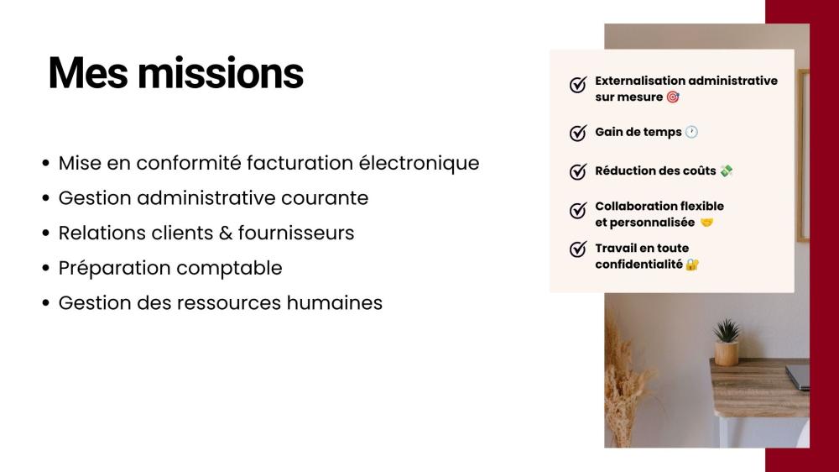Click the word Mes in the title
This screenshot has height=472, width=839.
[x=88, y=72]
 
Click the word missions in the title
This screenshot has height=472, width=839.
[x=221, y=72]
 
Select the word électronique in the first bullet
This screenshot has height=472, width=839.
[x=419, y=163]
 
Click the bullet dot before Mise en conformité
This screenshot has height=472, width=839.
[x=46, y=163]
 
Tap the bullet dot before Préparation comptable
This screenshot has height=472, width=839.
[x=46, y=268]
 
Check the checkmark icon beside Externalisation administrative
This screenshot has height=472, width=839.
[x=578, y=84]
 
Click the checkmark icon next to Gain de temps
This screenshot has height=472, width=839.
[x=578, y=133]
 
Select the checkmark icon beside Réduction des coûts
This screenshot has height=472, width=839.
[x=578, y=170]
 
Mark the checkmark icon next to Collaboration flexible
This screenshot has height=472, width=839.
[x=578, y=210]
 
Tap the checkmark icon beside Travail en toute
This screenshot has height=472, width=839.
[x=578, y=249]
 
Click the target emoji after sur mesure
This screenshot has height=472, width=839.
[x=673, y=97]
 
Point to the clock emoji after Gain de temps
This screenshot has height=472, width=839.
[x=692, y=132]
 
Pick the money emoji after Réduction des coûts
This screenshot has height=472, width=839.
[x=726, y=170]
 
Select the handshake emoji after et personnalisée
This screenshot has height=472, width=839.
[x=706, y=222]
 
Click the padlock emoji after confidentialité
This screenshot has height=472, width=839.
[x=692, y=264]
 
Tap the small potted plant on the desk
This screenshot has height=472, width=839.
[x=727, y=342]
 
